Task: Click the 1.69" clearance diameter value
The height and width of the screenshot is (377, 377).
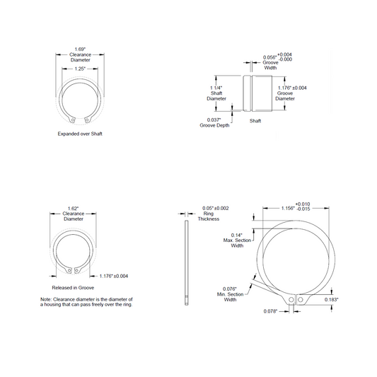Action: tap(80, 50)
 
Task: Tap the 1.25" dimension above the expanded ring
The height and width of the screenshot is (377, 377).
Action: tap(80, 69)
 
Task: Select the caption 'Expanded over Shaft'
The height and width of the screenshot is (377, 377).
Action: tap(80, 134)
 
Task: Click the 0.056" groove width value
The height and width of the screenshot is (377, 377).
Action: tap(269, 57)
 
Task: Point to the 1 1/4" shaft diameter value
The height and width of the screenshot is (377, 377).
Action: tap(216, 88)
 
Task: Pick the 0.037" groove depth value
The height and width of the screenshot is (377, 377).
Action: tap(214, 120)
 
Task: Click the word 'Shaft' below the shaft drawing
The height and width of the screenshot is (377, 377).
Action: tap(255, 121)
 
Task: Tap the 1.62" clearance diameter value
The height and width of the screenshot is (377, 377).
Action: tap(73, 209)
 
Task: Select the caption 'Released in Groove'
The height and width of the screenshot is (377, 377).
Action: tap(73, 288)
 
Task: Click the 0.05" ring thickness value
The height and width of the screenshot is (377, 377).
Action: tap(208, 208)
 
